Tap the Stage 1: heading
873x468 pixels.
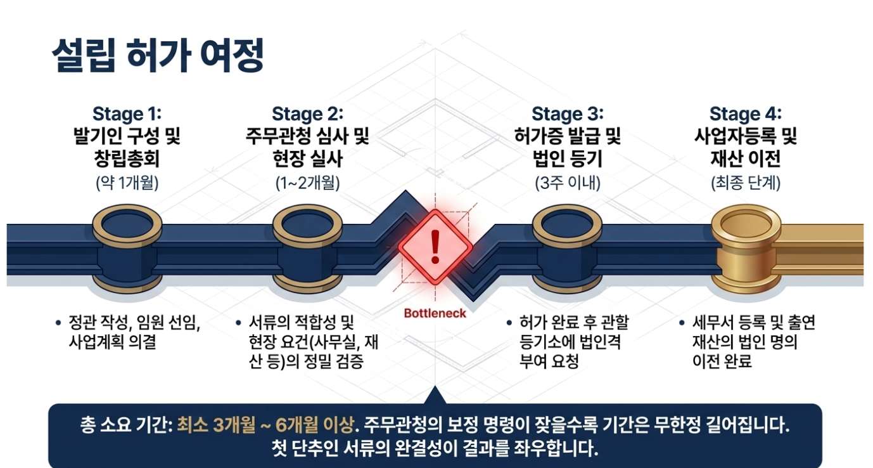coord(127,114)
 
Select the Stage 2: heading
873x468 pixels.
coord(307,114)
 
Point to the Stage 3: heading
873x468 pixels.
coord(567,114)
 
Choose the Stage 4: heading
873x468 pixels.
coord(745,114)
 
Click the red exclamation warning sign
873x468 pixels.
coord(435,247)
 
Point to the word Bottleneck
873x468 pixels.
coord(435,313)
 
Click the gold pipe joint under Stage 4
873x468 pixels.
coord(746,249)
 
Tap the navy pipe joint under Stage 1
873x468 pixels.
coord(127,249)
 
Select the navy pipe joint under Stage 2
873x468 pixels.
coord(307,249)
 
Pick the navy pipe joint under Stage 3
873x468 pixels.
coord(567,249)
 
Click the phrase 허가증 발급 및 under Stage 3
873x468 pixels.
coord(567,136)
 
